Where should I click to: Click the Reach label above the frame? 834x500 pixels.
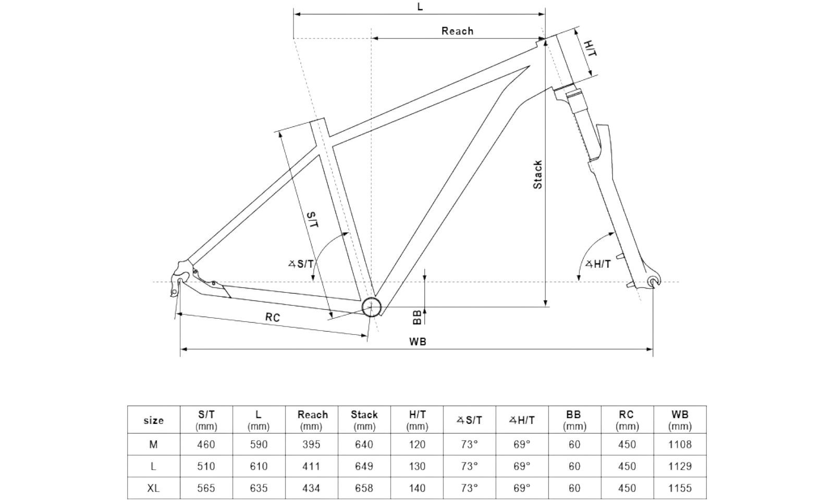point(457,31)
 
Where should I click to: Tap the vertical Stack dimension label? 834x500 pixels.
point(537,174)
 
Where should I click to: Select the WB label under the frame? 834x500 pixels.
point(418,342)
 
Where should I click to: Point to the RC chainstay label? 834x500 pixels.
point(272,317)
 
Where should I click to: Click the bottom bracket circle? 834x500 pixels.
point(371,307)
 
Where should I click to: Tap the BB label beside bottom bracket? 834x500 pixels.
point(416,317)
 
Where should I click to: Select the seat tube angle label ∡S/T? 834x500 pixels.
point(302,264)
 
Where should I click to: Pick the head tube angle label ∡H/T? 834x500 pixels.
point(598,264)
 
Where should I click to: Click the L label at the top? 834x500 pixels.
point(420,7)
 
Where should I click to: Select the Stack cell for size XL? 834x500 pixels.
point(364,488)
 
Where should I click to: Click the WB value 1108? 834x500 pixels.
point(680,444)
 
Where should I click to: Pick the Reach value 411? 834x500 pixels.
point(311,466)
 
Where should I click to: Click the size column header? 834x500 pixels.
point(153,420)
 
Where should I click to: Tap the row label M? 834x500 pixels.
point(153,444)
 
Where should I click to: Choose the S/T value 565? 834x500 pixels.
point(206,488)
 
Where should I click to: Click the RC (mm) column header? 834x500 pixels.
point(627,420)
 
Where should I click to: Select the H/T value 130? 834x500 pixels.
point(417,466)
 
